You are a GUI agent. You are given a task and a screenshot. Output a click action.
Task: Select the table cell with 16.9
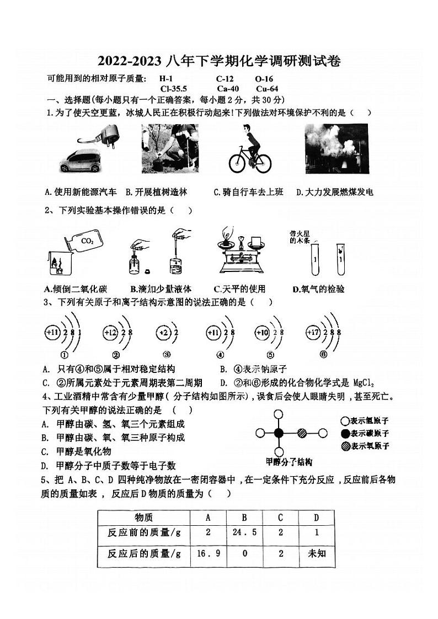pyautogui.click(x=208, y=553)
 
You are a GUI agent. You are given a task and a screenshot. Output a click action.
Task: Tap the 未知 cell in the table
pyautogui.click(x=317, y=553)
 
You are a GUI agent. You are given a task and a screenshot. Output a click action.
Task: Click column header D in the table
pyautogui.click(x=317, y=517)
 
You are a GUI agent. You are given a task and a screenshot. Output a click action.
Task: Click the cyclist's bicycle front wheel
pyautogui.click(x=263, y=162)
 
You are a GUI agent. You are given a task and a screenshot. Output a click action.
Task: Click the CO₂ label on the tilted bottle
pyautogui.click(x=87, y=241)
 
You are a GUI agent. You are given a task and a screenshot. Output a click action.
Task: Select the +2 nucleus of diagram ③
pyautogui.click(x=163, y=333)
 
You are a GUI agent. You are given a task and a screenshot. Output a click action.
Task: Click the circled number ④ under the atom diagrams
pyautogui.click(x=220, y=355)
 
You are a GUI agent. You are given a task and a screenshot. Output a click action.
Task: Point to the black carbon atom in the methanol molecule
pyautogui.click(x=279, y=433)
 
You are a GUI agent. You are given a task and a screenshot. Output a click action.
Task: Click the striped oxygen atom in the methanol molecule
pyautogui.click(x=302, y=433)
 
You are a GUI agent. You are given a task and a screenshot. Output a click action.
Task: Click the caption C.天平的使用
pyautogui.click(x=239, y=289)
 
